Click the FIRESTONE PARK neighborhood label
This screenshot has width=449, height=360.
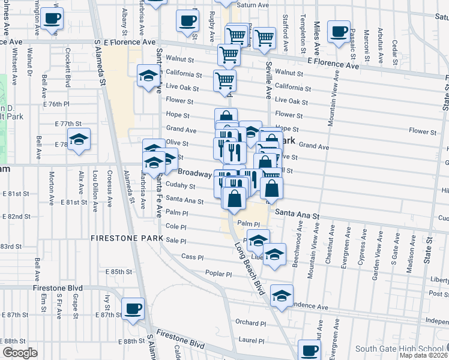tap(127, 239)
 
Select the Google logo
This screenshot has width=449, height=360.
tap(20, 353)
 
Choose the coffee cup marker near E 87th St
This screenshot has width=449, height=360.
tap(133, 308)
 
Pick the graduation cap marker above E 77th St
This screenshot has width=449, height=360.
tap(79, 139)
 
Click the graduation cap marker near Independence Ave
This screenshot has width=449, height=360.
tap(282, 295)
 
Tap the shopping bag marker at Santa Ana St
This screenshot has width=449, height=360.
tap(234, 197)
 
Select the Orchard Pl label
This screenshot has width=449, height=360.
tap(251, 323)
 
